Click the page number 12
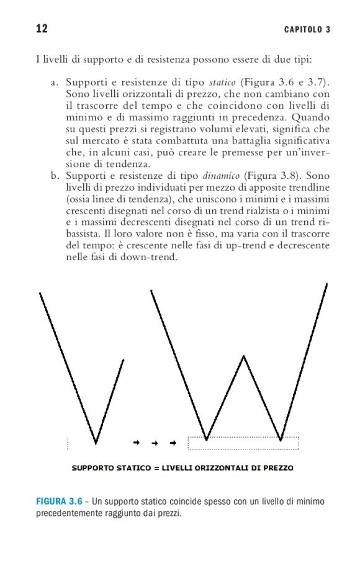tap(42, 29)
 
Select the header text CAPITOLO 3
tap(307, 29)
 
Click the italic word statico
tap(222, 83)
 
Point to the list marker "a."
tap(55, 83)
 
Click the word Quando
tap(308, 117)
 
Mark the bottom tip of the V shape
tap(96, 443)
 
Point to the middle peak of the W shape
tap(244, 356)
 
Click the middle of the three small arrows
tap(155, 443)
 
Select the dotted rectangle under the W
tap(243, 443)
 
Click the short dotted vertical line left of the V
tap(68, 443)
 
